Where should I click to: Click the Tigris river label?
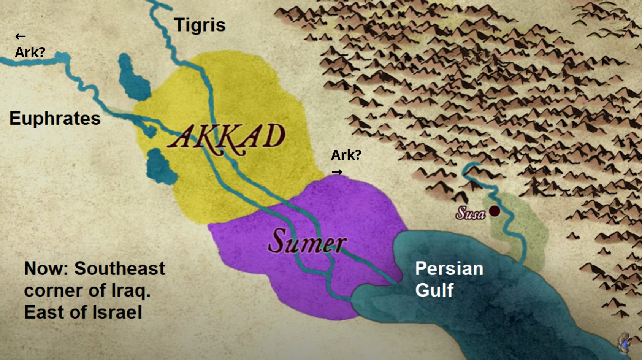[x=200, y=25]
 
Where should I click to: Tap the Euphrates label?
[x=55, y=118]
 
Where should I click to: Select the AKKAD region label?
[x=227, y=137]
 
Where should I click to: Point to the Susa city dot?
[x=494, y=211]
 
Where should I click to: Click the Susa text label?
[x=471, y=213]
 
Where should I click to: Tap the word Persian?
[x=449, y=268]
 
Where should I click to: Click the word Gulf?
[x=434, y=290]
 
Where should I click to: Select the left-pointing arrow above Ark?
[x=20, y=36]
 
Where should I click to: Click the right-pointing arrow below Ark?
[x=337, y=172]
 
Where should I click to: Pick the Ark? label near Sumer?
[x=346, y=155]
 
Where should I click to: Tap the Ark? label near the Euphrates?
[x=30, y=52]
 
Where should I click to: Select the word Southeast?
[x=119, y=268]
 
